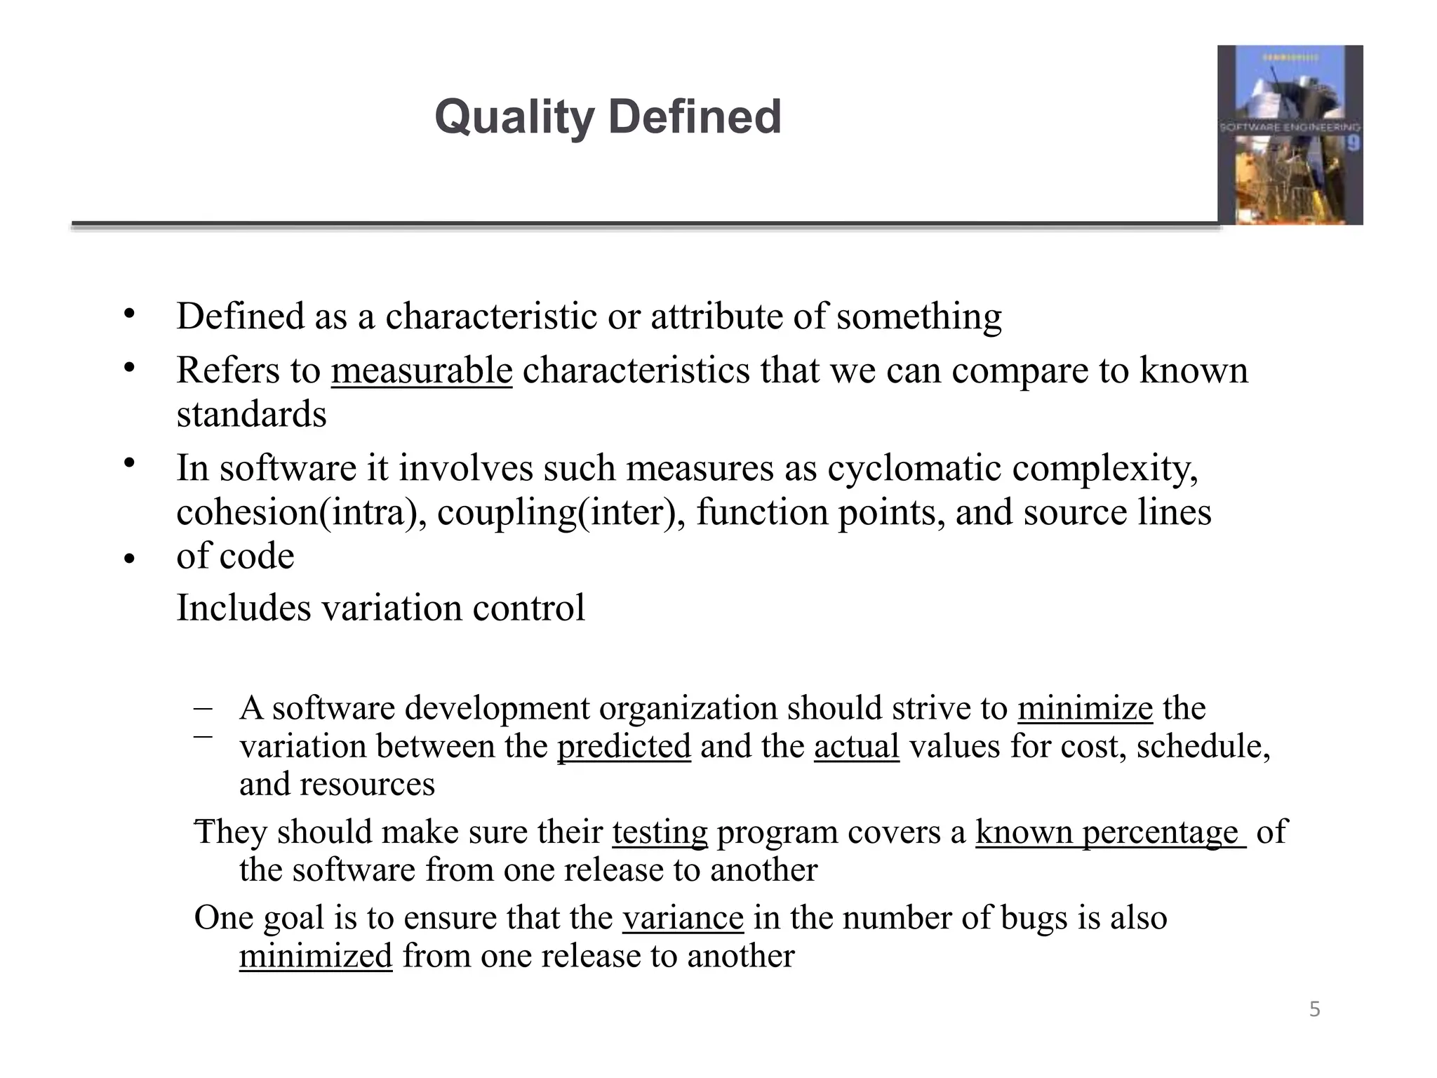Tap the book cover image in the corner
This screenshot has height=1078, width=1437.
pyautogui.click(x=1290, y=135)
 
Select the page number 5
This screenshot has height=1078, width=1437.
pyautogui.click(x=1314, y=1010)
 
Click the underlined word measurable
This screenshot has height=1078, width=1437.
pyautogui.click(x=422, y=371)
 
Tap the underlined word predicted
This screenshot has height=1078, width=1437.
pyautogui.click(x=624, y=746)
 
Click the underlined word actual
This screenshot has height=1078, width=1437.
pyautogui.click(x=856, y=746)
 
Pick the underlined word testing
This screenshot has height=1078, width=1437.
pyautogui.click(x=660, y=832)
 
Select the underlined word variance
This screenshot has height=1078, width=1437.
pyautogui.click(x=683, y=918)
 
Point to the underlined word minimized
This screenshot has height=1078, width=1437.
pyautogui.click(x=316, y=956)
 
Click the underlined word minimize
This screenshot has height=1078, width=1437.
pyautogui.click(x=1085, y=708)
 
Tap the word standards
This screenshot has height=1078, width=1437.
pyautogui.click(x=251, y=415)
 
